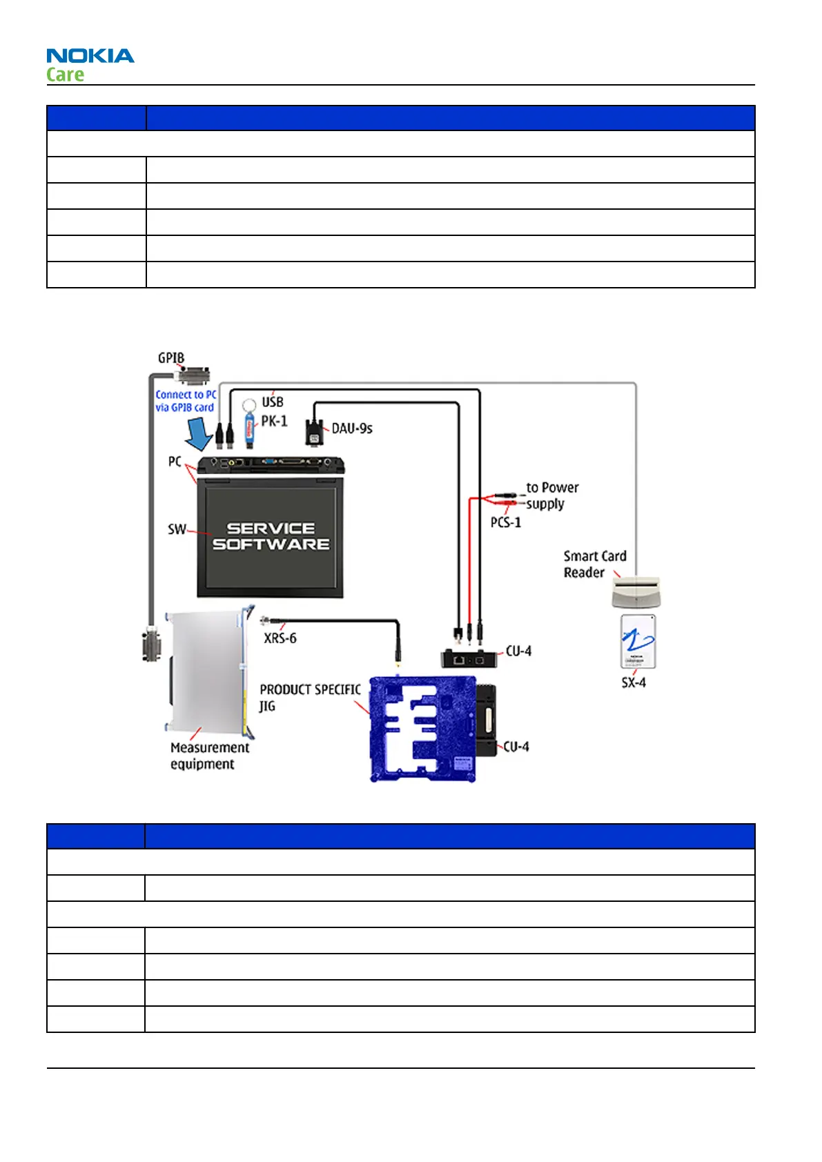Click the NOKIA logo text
90,56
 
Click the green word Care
66,75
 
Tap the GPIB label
170,358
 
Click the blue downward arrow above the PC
201,435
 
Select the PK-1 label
274,421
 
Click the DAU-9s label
352,429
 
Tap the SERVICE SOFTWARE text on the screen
271,536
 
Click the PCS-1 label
506,522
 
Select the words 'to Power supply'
551,495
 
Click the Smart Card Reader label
594,564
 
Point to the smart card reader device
636,591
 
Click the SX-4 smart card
638,641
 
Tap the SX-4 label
634,682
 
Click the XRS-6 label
280,638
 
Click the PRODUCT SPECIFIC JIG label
309,697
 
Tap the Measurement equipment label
209,756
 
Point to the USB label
273,402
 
